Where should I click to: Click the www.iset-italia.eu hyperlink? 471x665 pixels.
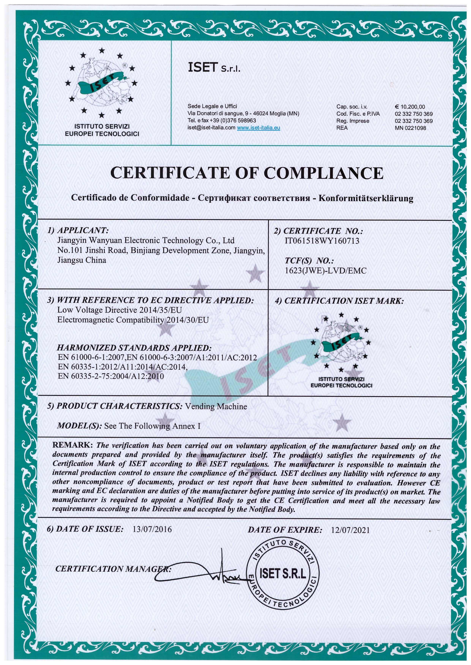258,128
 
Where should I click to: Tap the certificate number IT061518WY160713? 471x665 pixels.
322,241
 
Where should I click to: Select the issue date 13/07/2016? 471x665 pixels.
152,529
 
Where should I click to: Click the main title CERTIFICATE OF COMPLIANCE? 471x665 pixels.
247,173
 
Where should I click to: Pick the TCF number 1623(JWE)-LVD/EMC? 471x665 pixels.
326,271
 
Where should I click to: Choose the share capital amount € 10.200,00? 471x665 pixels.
410,107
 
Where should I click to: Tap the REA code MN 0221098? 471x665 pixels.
410,128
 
